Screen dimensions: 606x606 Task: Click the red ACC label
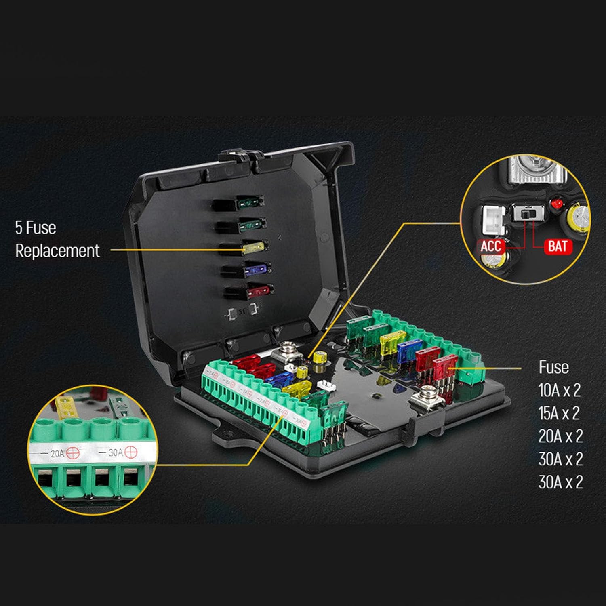pyautogui.click(x=491, y=246)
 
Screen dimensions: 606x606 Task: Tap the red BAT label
pyautogui.click(x=558, y=246)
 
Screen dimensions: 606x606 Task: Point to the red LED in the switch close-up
pyautogui.click(x=557, y=203)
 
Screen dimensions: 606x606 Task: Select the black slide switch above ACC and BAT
pyautogui.click(x=528, y=213)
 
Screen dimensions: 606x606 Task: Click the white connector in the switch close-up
pyautogui.click(x=494, y=219)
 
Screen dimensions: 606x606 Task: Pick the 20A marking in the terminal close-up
pyautogui.click(x=57, y=453)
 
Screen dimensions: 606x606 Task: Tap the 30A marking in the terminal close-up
pyautogui.click(x=116, y=452)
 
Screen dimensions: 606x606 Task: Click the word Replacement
pyautogui.click(x=57, y=251)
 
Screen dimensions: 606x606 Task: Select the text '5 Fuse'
pyautogui.click(x=36, y=228)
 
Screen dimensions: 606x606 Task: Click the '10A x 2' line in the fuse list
pyautogui.click(x=560, y=390)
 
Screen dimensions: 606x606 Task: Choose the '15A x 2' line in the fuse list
pyautogui.click(x=560, y=413)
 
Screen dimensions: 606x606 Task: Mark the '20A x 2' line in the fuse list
pyautogui.click(x=560, y=436)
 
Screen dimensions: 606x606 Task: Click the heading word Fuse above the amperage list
pyautogui.click(x=553, y=367)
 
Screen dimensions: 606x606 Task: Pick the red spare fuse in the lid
pyautogui.click(x=258, y=290)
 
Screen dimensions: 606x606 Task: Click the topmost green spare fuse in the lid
pyautogui.click(x=249, y=201)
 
